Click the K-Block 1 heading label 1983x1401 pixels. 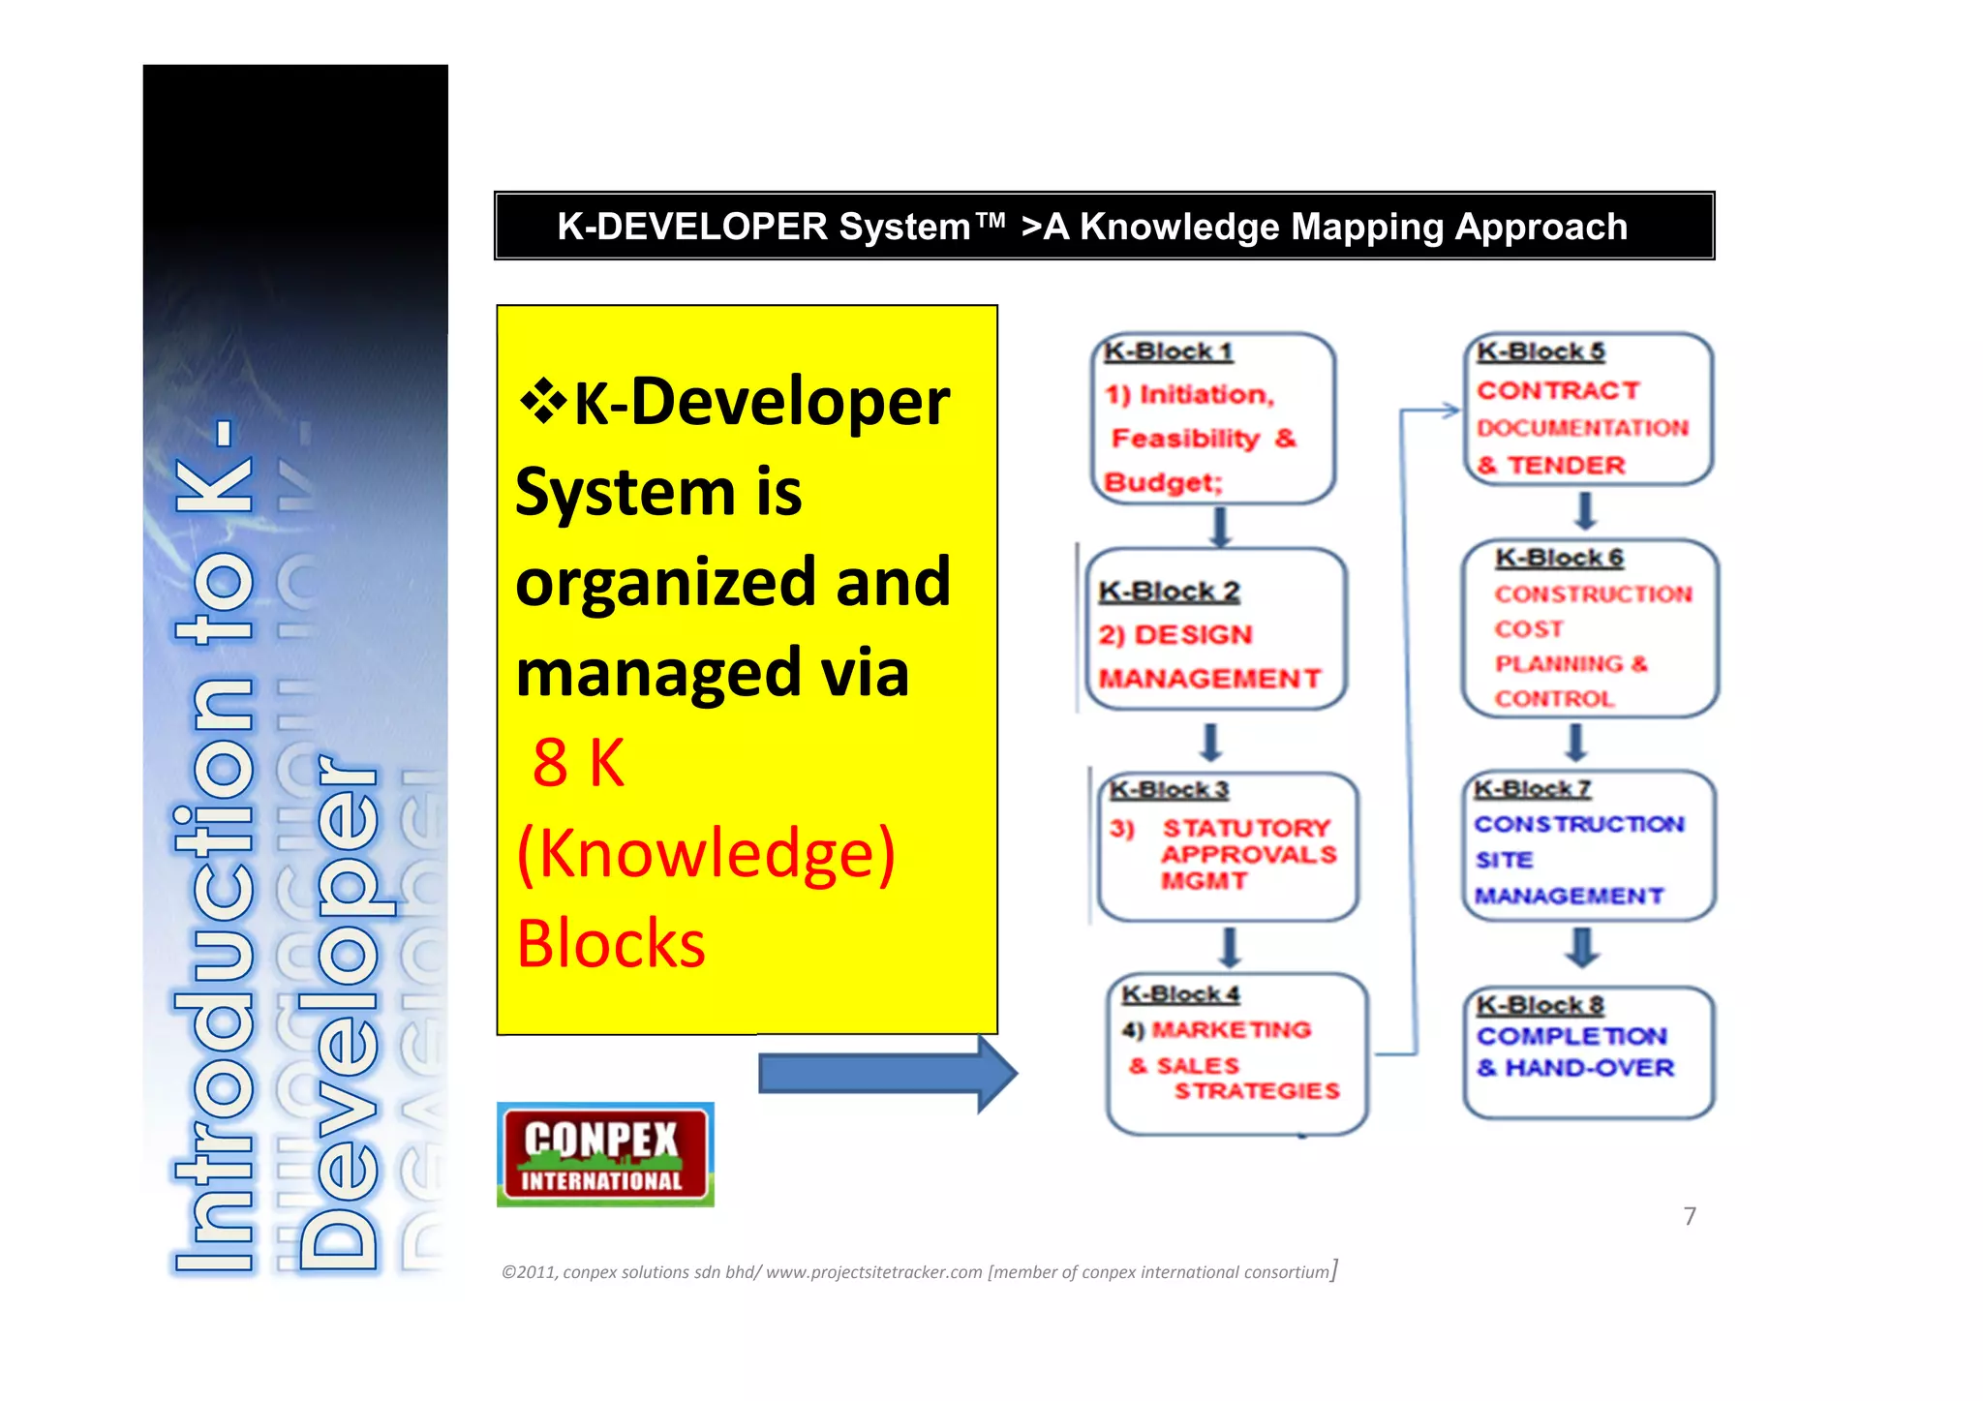click(1167, 351)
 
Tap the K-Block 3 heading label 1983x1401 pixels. click(1169, 790)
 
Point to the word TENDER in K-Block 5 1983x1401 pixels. click(1566, 466)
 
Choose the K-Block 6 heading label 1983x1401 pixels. click(1559, 558)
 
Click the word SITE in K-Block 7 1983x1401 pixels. click(1504, 860)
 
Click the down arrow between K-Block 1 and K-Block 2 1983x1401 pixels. click(1220, 527)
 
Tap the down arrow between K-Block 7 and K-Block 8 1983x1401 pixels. click(1582, 947)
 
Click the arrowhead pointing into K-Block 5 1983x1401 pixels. click(1450, 411)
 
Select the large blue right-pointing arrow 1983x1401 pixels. click(886, 1074)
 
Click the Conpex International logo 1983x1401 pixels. click(605, 1155)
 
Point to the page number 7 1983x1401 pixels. click(1690, 1216)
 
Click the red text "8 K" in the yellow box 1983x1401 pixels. click(578, 763)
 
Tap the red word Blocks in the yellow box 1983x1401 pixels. click(611, 944)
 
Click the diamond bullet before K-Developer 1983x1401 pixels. click(543, 401)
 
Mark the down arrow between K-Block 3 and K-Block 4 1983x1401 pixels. click(1230, 947)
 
